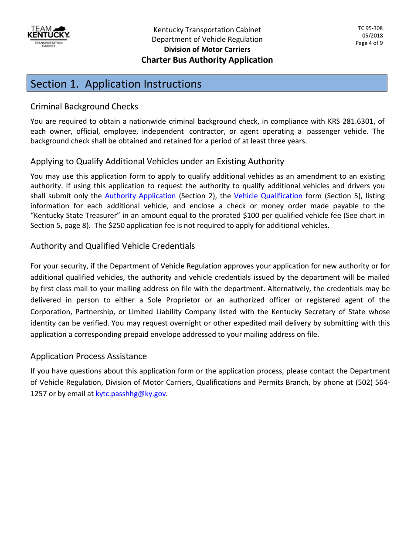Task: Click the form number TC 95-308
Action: (370, 28)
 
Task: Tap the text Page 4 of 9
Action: (369, 43)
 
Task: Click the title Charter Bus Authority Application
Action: (207, 60)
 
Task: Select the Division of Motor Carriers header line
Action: (207, 49)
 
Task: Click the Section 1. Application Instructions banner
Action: (207, 84)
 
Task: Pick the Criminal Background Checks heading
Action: (84, 107)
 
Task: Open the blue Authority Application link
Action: (140, 196)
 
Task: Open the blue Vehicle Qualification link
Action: (268, 196)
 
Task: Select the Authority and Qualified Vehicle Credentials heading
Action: (112, 246)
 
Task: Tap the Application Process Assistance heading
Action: (88, 356)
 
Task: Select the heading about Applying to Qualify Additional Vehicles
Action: (157, 162)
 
